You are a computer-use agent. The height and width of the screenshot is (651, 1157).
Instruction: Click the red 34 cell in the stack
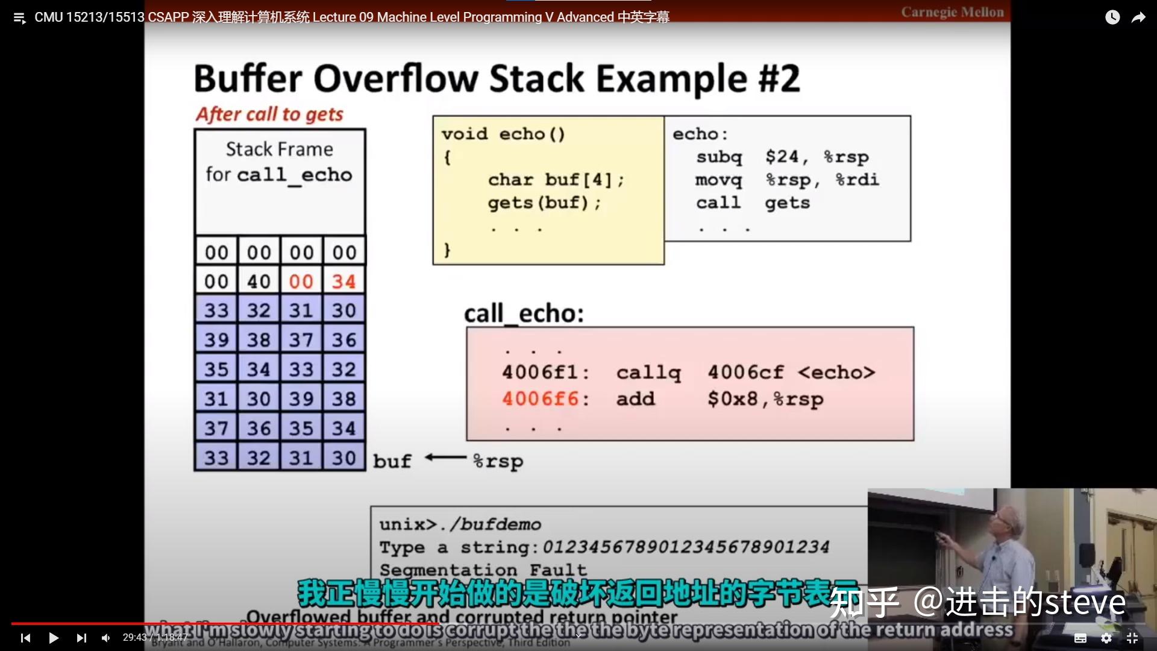tap(343, 281)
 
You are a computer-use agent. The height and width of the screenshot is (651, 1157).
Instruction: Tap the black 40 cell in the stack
tap(259, 281)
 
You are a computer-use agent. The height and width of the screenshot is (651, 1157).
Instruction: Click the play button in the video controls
tap(53, 638)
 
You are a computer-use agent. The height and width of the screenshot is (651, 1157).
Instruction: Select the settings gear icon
tap(1106, 638)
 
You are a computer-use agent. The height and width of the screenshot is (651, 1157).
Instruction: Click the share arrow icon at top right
tap(1138, 17)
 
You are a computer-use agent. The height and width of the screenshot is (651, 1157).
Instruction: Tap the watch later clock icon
tap(1112, 17)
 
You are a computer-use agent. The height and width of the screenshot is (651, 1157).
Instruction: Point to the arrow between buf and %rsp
tap(446, 458)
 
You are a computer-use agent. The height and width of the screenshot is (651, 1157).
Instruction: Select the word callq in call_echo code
tap(648, 373)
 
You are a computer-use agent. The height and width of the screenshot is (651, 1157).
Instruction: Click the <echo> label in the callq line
tap(836, 373)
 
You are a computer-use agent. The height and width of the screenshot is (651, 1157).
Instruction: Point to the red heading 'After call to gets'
tap(269, 114)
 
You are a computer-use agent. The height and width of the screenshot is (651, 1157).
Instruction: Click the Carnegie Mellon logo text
tap(952, 13)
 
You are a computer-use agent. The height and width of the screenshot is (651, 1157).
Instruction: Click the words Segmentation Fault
tap(483, 570)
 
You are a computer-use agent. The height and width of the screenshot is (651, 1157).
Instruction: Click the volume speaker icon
tap(106, 638)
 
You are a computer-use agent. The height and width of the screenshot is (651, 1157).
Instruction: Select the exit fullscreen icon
tap(1132, 638)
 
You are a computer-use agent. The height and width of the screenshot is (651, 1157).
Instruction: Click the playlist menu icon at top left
tap(19, 18)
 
